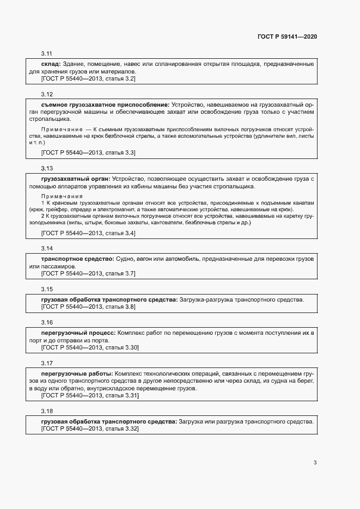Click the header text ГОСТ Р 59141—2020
[x=287, y=36]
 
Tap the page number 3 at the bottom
[x=315, y=463]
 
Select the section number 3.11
[x=46, y=53]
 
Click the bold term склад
[x=51, y=64]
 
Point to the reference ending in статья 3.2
[x=88, y=79]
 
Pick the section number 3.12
[x=46, y=94]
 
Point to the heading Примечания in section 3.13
[x=62, y=196]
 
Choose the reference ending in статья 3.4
[x=88, y=233]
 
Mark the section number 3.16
[x=46, y=322]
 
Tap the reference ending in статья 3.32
[x=90, y=429]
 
